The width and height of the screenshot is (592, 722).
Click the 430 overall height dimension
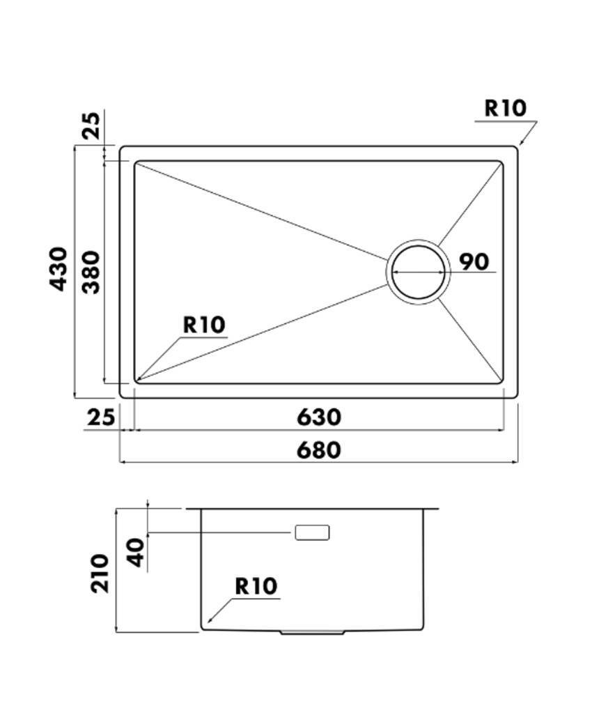tap(59, 270)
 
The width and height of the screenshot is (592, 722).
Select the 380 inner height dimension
tap(91, 272)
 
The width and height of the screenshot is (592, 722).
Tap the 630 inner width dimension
tap(319, 417)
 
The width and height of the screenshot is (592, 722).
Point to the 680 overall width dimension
tap(319, 450)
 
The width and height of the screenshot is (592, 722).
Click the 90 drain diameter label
tap(474, 262)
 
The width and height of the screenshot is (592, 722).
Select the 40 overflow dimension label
tap(137, 553)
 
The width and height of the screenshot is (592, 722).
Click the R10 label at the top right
tap(505, 108)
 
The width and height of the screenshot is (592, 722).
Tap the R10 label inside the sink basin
tap(204, 325)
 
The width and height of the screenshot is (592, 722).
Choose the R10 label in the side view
tap(256, 586)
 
